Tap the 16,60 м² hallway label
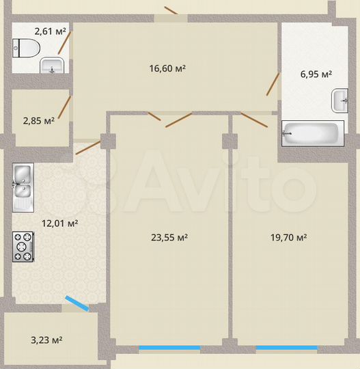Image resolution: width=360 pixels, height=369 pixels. point(168,68)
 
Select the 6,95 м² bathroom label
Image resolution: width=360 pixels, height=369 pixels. point(317,74)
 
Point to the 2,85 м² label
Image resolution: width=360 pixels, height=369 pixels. point(39,121)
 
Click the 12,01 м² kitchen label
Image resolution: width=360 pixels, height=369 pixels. point(59,223)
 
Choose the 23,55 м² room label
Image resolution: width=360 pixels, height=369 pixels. point(169,238)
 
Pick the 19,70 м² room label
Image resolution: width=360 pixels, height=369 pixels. point(288,238)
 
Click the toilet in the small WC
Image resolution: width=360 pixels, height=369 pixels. point(26,48)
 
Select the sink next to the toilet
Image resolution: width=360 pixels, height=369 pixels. point(52,66)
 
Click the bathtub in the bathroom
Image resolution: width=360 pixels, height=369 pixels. point(313,133)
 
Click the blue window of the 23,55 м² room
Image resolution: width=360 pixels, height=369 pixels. point(169,348)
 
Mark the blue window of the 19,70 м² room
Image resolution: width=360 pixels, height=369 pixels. point(286,348)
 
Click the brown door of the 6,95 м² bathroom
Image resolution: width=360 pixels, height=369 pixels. point(273,85)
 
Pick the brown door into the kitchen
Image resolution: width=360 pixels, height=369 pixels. point(87,147)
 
